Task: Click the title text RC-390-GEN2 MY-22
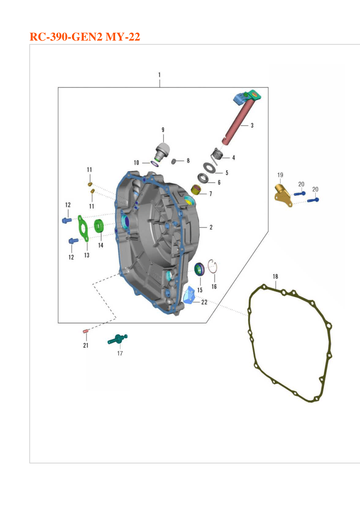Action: [85, 37]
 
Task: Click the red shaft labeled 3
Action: [239, 123]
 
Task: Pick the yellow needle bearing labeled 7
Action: [196, 190]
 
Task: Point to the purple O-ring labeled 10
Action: [155, 164]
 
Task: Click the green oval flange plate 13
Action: [83, 228]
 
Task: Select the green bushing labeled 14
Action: [99, 226]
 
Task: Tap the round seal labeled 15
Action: [199, 269]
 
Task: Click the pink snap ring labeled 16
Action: [213, 266]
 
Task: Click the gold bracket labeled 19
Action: [283, 196]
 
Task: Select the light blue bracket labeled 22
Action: [189, 295]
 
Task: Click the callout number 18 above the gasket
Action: [275, 277]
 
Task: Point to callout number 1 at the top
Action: [159, 75]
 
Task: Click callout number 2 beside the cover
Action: [211, 227]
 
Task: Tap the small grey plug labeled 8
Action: [174, 161]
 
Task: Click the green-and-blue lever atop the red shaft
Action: [247, 97]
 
